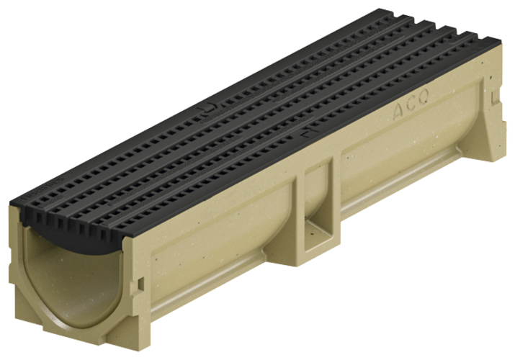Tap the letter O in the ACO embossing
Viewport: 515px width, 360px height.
tap(419, 107)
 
